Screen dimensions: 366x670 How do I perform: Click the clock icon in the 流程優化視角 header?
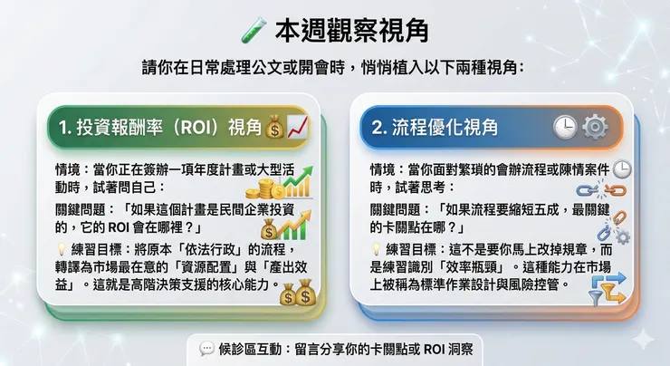tap(566, 128)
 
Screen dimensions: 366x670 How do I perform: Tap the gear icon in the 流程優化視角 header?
tap(595, 128)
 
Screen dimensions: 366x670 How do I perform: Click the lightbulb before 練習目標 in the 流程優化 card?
tap(377, 247)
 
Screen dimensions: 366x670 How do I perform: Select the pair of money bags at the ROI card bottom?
tap(298, 294)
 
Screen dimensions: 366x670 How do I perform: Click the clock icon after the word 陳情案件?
tap(622, 169)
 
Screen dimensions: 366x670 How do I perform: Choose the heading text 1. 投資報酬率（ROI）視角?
tap(158, 129)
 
